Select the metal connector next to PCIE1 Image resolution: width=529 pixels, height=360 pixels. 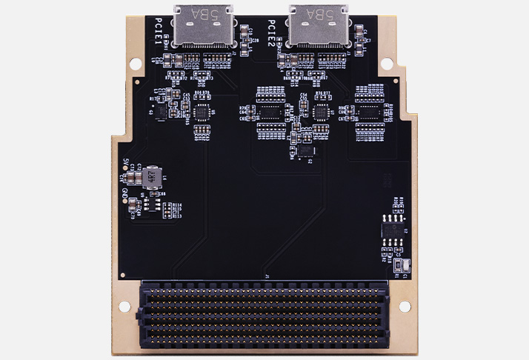coord(202,27)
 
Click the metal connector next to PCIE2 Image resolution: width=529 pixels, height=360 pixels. coord(319,27)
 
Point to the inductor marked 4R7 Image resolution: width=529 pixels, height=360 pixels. coord(151,176)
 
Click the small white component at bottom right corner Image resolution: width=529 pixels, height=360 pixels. coord(401,264)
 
